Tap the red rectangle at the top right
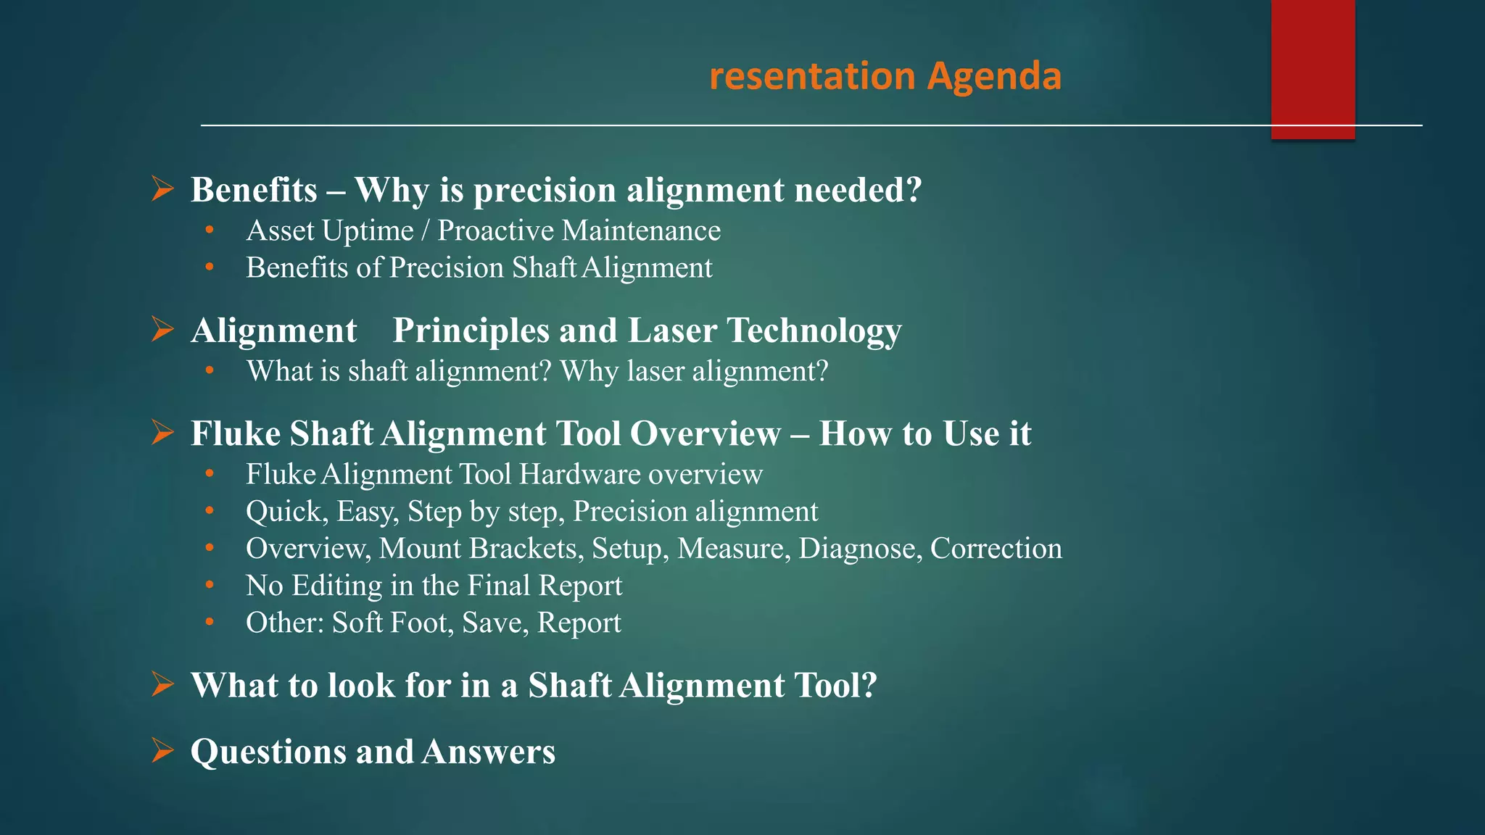click(x=1312, y=69)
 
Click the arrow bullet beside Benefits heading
click(x=162, y=189)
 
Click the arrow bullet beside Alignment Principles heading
click(x=162, y=330)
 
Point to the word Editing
click(x=336, y=586)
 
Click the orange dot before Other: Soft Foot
click(x=210, y=622)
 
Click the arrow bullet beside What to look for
click(x=162, y=684)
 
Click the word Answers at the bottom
click(x=489, y=752)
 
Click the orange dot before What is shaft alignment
click(x=210, y=370)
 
